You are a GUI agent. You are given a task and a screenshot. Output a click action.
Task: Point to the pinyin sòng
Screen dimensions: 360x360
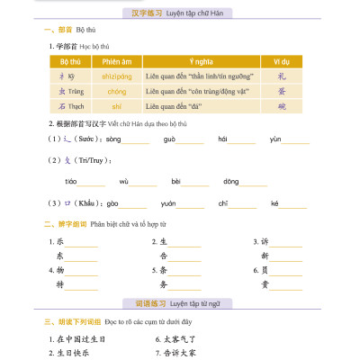113,139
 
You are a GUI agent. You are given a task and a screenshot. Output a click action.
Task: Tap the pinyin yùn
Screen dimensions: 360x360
276,139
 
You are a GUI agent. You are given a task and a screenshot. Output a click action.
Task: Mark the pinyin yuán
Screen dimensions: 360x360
168,204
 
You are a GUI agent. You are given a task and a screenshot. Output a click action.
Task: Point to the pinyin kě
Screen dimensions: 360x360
275,204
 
